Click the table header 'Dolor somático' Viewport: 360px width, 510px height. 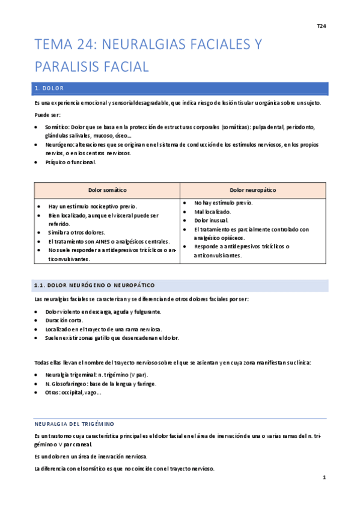[x=107, y=190]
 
